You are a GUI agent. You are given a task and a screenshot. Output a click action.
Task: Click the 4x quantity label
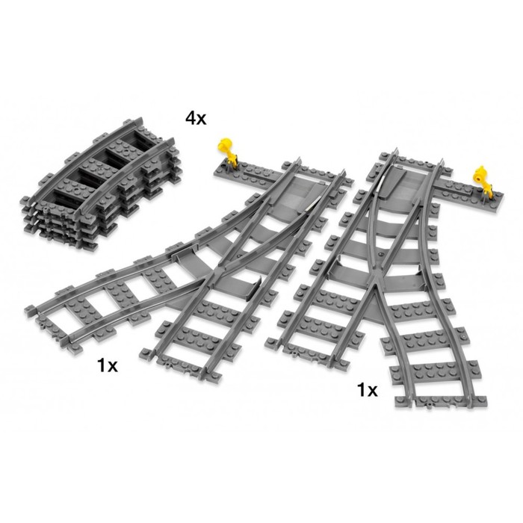pos(196,118)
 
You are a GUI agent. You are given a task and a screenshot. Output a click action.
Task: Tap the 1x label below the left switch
pos(108,365)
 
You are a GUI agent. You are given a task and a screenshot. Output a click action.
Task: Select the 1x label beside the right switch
pos(368,389)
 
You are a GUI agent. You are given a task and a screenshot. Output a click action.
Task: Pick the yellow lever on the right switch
pos(483,179)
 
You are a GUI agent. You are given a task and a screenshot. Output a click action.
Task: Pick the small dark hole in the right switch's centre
pos(381,255)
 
